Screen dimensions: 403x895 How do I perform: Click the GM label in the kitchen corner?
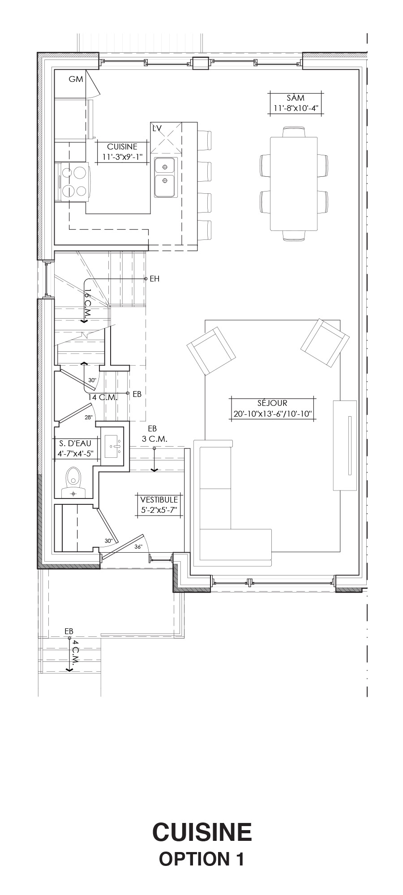point(76,79)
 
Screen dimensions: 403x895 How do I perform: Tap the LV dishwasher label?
point(157,128)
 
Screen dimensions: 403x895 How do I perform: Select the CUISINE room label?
point(122,146)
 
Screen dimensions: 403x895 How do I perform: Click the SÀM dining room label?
point(296,98)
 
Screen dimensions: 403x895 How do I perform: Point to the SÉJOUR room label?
point(273,403)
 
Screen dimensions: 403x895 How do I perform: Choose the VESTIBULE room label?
point(159,499)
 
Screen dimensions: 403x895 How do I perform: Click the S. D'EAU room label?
point(75,443)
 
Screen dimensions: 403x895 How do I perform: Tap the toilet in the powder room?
point(73,482)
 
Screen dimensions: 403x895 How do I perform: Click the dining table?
point(293,184)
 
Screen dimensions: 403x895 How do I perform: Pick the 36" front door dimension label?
point(138,546)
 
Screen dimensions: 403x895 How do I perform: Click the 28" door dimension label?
point(88,418)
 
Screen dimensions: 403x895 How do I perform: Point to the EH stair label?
point(154,279)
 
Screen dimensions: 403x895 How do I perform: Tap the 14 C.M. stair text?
point(103,397)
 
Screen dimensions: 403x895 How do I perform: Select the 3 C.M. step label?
point(154,439)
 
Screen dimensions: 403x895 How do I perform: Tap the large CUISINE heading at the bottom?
point(202,832)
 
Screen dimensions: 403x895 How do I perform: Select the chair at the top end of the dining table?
point(294,132)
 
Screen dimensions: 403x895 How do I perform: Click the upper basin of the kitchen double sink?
point(165,167)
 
